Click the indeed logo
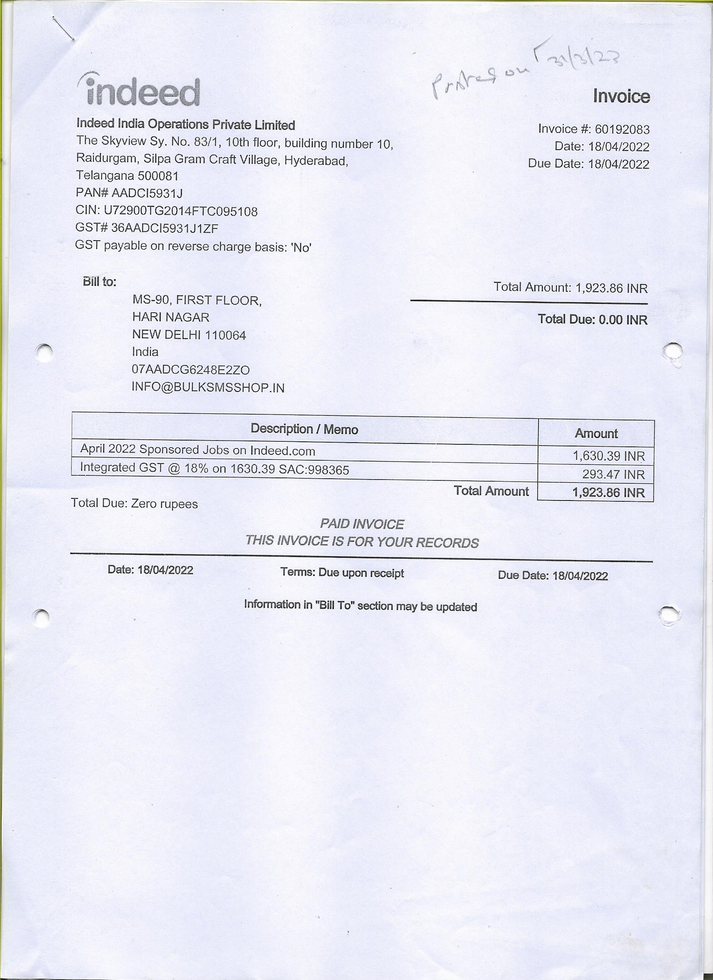coord(139,91)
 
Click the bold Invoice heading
coord(621,96)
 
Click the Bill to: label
coord(99,282)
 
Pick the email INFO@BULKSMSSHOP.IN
coord(208,388)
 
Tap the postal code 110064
coord(225,335)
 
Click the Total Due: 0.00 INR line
coord(592,319)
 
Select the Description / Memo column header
coord(304,429)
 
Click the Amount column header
coord(596,433)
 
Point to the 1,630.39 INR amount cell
coord(609,456)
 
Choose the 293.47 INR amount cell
coord(613,475)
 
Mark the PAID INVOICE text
coord(362,524)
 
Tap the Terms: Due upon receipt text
coord(342,573)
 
